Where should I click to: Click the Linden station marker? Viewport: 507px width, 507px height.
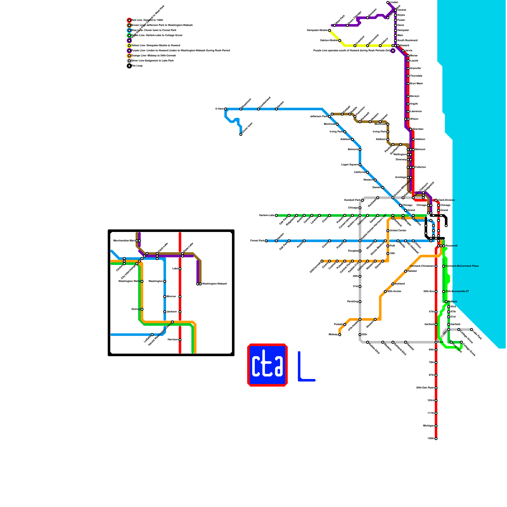pos(388,3)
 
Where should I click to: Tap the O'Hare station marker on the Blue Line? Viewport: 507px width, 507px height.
pos(226,109)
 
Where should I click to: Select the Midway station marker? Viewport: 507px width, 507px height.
pos(340,335)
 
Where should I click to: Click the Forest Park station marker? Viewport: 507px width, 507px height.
pos(266,241)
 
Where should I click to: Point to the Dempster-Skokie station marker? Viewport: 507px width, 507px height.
pos(330,30)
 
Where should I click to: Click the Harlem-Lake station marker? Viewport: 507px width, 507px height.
pos(276,215)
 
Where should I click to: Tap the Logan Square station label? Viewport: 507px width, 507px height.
pos(350,165)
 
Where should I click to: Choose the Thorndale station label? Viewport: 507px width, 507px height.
pos(416,76)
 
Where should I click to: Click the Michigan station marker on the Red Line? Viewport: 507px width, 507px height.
pos(436,426)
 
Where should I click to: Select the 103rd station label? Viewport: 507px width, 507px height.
pos(430,401)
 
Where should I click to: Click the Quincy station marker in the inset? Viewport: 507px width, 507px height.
pos(142,309)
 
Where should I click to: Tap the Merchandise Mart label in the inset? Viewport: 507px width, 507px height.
pos(124,241)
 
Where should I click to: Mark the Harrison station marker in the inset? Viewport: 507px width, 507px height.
pos(180,340)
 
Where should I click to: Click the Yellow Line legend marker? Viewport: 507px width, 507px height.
pos(129,46)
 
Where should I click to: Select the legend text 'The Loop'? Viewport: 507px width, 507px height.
pos(137,66)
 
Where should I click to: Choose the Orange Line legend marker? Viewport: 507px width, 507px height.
pos(129,56)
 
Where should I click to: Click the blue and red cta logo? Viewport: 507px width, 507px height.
pos(267,365)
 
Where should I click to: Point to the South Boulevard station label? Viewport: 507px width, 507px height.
pos(408,41)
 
